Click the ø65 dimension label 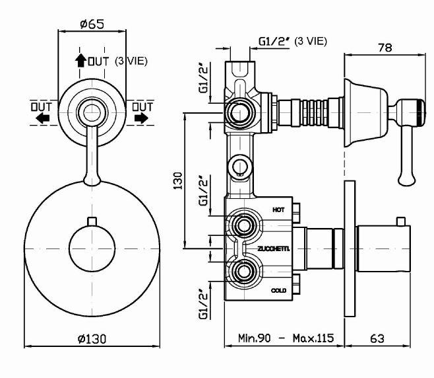coord(92,24)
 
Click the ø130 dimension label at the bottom coord(92,338)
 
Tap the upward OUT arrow coord(80,61)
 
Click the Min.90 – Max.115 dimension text coord(286,338)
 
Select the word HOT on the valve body coord(278,209)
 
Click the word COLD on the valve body coord(278,290)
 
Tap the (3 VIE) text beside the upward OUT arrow coord(131,61)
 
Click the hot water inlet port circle coord(243,227)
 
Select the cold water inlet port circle coord(243,272)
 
